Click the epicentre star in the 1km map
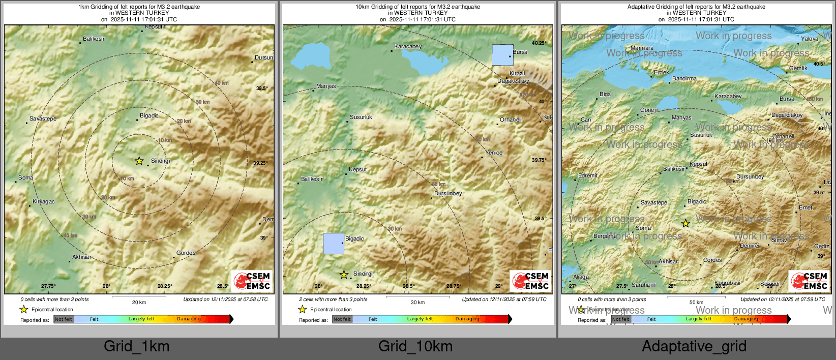pyautogui.click(x=139, y=161)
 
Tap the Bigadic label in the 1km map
pyautogui.click(x=149, y=115)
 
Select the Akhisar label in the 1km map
pyautogui.click(x=81, y=257)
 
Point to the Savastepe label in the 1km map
pyautogui.click(x=43, y=118)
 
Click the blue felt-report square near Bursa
pyautogui.click(x=502, y=55)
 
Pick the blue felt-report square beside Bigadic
pyautogui.click(x=334, y=244)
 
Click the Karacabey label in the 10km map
pyautogui.click(x=408, y=46)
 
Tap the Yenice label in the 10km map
pyautogui.click(x=493, y=153)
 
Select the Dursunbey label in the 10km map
pyautogui.click(x=448, y=193)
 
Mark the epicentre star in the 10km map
pyautogui.click(x=344, y=275)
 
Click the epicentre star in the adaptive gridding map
pyautogui.click(x=685, y=223)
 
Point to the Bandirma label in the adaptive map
pyautogui.click(x=684, y=78)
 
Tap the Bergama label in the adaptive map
pyautogui.click(x=605, y=236)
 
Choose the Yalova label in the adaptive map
pyautogui.click(x=810, y=39)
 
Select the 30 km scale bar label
pyautogui.click(x=417, y=302)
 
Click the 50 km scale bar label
pyautogui.click(x=696, y=302)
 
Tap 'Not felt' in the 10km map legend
pyautogui.click(x=342, y=319)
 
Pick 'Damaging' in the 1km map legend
pyautogui.click(x=189, y=319)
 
